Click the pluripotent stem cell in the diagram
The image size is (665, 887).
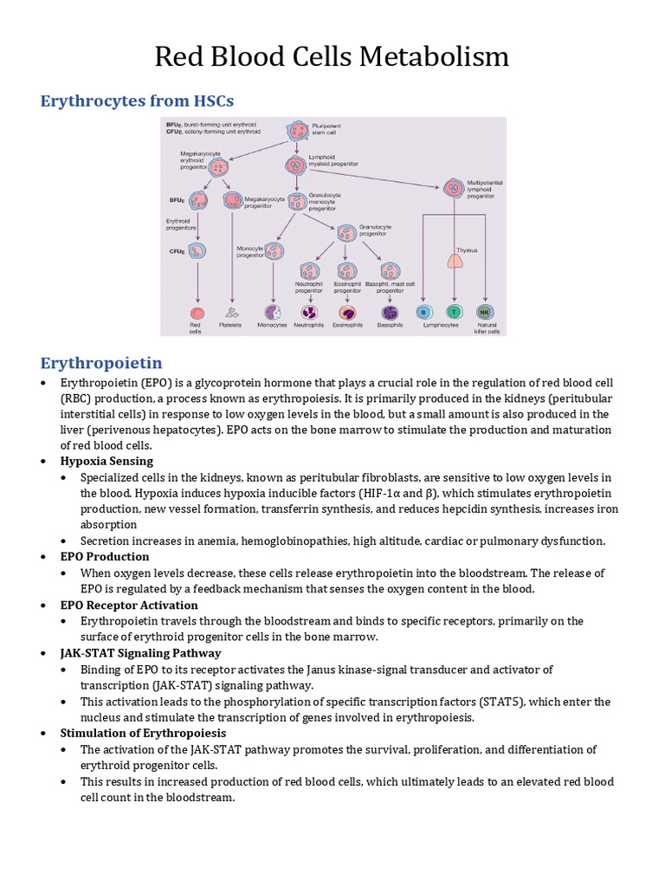pyautogui.click(x=297, y=132)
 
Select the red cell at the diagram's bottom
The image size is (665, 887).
pyautogui.click(x=197, y=313)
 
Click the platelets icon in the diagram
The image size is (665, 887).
pyautogui.click(x=232, y=313)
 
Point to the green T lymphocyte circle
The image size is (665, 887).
pyautogui.click(x=453, y=312)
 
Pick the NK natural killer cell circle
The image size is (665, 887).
pyautogui.click(x=485, y=312)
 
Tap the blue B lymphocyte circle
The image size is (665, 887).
pyautogui.click(x=423, y=312)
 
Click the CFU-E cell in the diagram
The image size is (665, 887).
pyautogui.click(x=198, y=251)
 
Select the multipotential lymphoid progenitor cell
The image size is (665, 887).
pyautogui.click(x=452, y=187)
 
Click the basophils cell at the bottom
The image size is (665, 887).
pyautogui.click(x=390, y=313)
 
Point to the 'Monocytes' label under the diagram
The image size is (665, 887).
pyautogui.click(x=273, y=326)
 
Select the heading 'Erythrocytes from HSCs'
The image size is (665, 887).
pyautogui.click(x=137, y=101)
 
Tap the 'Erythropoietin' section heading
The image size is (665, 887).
pyautogui.click(x=101, y=361)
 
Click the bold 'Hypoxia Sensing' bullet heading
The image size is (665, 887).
pyautogui.click(x=107, y=461)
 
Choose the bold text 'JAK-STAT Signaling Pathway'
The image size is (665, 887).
pyautogui.click(x=140, y=653)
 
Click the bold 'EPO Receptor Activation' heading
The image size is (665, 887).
pyautogui.click(x=129, y=605)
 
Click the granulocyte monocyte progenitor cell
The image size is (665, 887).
pyautogui.click(x=296, y=200)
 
